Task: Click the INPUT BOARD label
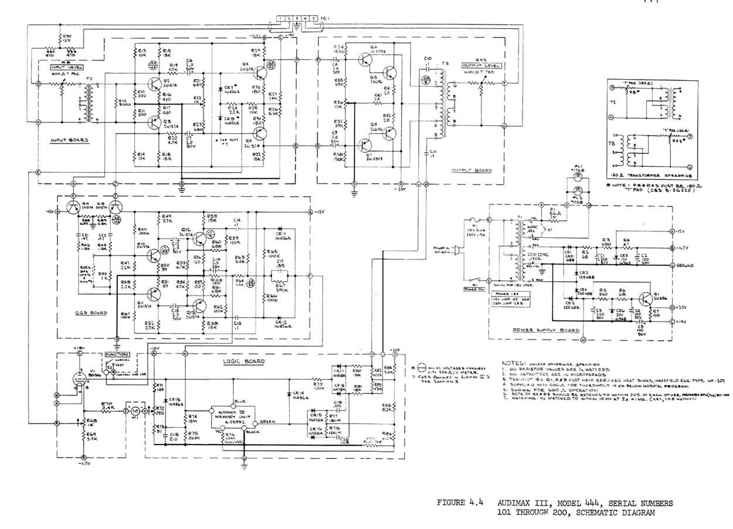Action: [69, 141]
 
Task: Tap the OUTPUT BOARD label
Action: [471, 170]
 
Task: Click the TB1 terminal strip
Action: [297, 19]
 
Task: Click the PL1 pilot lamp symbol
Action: [579, 176]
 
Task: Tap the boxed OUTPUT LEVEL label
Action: [477, 66]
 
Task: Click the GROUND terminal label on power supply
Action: [684, 265]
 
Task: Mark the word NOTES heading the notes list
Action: [514, 363]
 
